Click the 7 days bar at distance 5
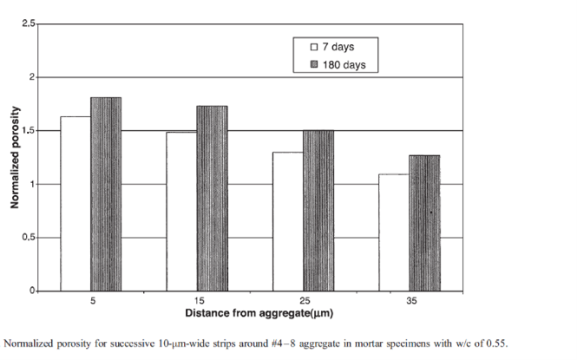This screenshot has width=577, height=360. click(75, 204)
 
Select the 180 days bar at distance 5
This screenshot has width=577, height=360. click(106, 194)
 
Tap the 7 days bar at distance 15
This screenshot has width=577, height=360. click(181, 212)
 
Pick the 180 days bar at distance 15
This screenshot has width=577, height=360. click(212, 199)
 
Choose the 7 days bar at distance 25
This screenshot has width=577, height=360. click(287, 221)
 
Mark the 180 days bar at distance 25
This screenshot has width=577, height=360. click(318, 211)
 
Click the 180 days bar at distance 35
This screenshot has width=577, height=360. click(423, 223)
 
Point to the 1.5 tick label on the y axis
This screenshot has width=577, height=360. click(29, 131)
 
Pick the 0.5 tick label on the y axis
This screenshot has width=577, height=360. click(29, 238)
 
